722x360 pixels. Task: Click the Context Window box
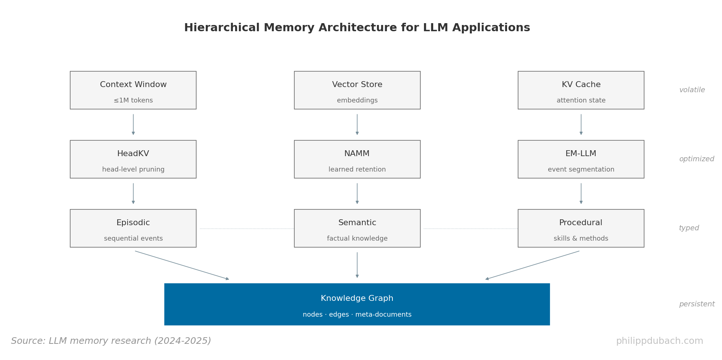click(133, 90)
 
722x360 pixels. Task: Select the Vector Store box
click(357, 90)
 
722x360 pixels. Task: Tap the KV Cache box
click(581, 90)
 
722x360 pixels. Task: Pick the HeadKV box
click(133, 159)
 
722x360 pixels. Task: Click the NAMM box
click(357, 159)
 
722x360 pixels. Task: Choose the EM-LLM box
click(581, 159)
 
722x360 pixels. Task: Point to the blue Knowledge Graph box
click(357, 304)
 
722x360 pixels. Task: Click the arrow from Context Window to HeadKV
click(133, 124)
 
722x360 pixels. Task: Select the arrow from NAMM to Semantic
click(357, 193)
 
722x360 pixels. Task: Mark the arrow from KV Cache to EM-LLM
click(581, 124)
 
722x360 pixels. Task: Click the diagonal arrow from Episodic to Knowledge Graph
click(182, 265)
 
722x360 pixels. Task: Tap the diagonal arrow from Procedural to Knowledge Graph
click(532, 265)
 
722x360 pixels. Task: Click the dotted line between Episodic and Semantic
click(247, 228)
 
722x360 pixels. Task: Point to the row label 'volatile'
click(692, 90)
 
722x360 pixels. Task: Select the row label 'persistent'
click(696, 304)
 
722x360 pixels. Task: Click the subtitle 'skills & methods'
click(581, 239)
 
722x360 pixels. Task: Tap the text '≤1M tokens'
click(133, 101)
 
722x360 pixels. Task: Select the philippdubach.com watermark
click(659, 341)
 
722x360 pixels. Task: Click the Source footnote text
click(111, 341)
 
